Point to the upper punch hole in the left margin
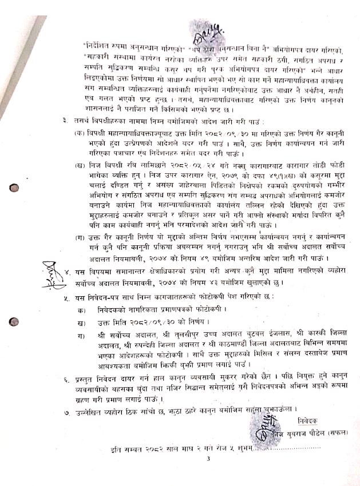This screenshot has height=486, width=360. pyautogui.click(x=14, y=188)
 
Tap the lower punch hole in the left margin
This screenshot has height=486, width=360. pyautogui.click(x=14, y=322)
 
